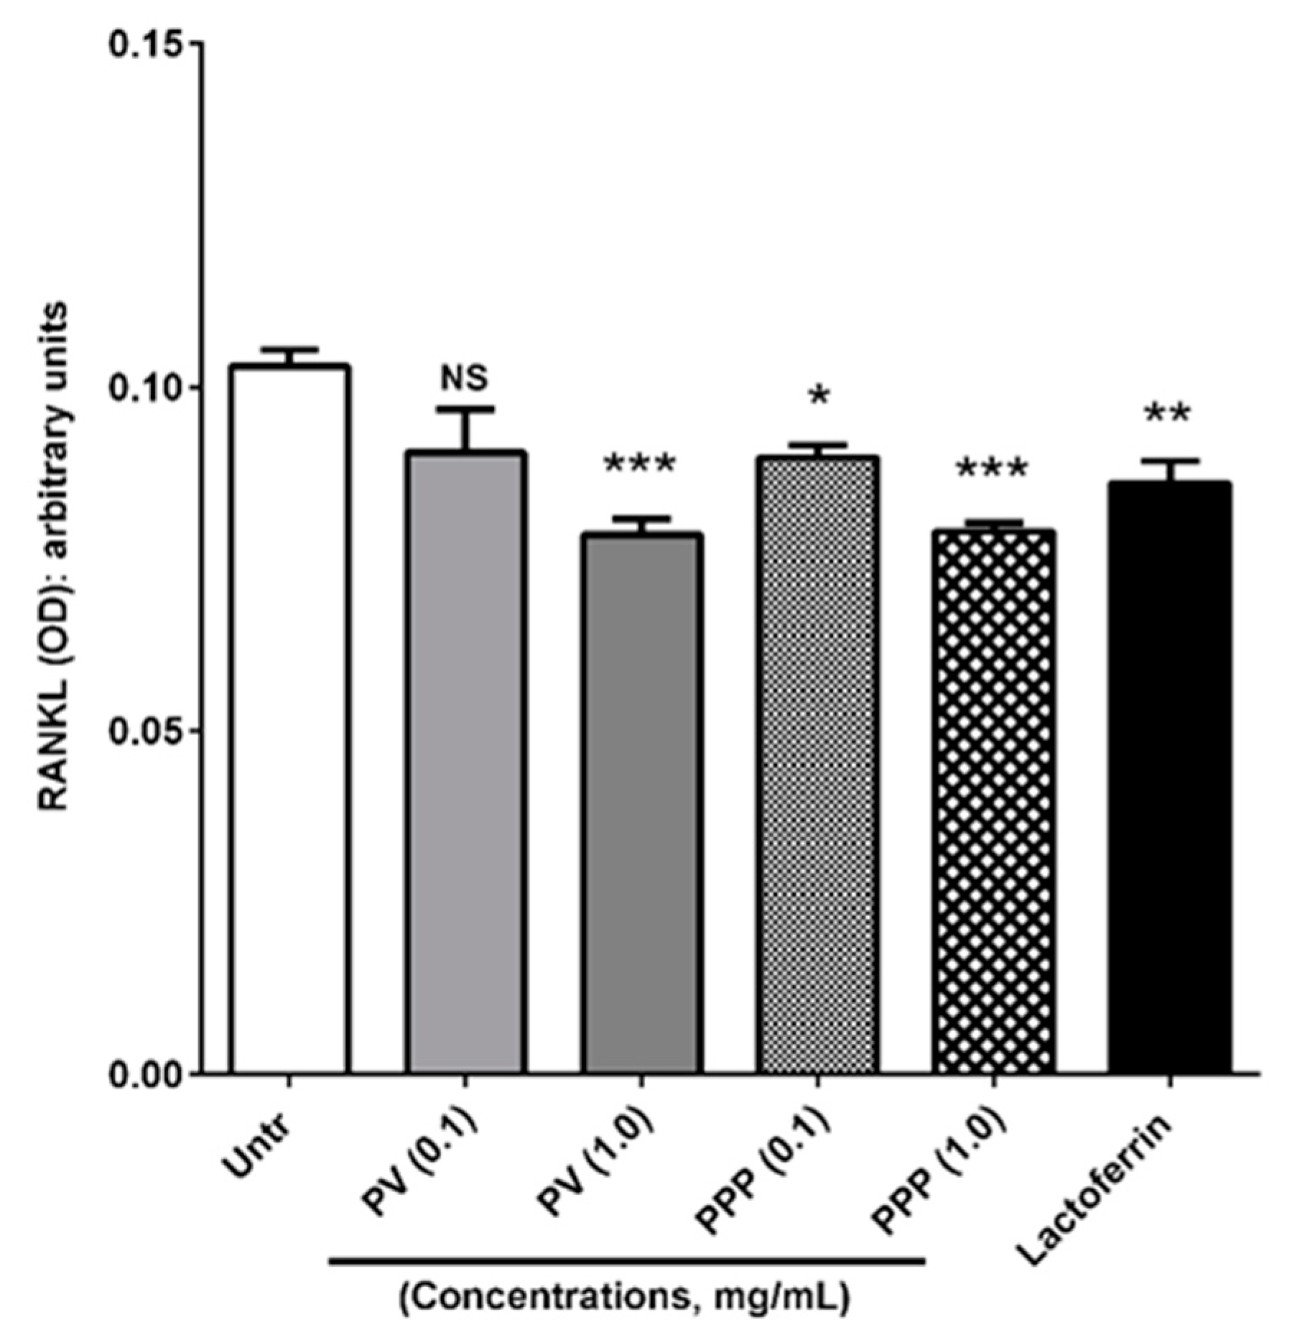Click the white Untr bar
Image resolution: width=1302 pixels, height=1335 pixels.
point(289,719)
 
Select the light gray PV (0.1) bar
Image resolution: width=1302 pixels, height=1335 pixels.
point(465,762)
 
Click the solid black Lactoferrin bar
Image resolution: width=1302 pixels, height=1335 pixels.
point(1169,777)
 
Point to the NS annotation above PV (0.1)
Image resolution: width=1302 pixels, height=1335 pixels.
point(465,377)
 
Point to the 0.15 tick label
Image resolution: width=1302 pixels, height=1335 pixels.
point(143,43)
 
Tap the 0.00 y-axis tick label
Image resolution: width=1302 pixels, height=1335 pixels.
point(143,1075)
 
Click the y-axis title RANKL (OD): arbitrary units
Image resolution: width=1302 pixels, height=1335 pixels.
point(53,557)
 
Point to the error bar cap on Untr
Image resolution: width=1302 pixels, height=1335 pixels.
point(289,349)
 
